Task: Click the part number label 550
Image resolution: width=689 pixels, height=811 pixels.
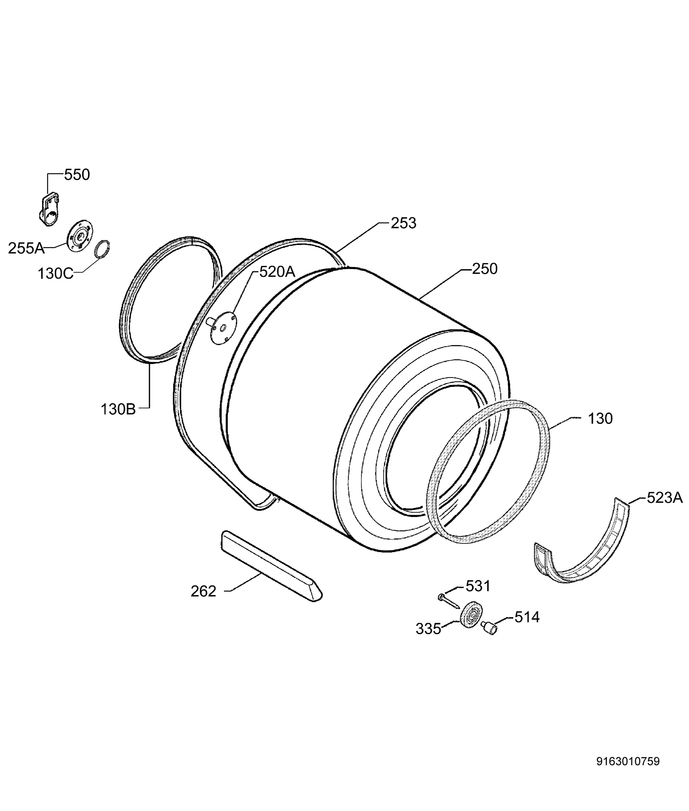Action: pos(77,175)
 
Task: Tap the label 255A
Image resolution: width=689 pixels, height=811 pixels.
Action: pos(26,248)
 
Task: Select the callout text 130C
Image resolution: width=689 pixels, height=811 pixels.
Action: pos(55,273)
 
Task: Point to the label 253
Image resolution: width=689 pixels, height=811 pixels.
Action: pos(403,223)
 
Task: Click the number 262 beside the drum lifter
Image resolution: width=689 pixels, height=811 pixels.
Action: pos(203,591)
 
